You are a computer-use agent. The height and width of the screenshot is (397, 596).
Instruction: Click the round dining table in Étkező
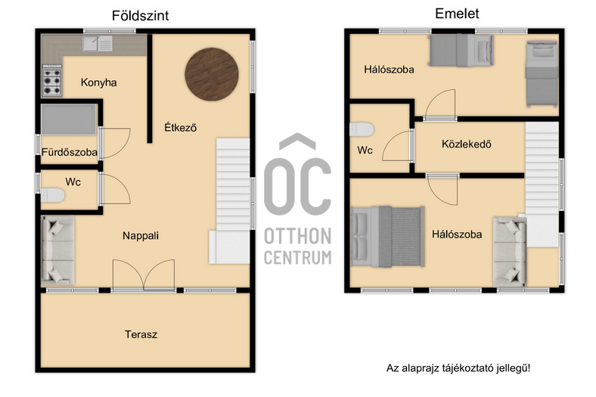tap(212, 74)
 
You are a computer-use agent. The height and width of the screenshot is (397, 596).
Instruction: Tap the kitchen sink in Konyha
tap(98, 43)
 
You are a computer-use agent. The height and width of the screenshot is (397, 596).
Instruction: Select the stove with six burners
tap(52, 81)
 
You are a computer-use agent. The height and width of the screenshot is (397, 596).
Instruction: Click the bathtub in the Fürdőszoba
tap(69, 119)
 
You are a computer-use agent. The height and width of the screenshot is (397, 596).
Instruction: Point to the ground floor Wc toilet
tap(52, 195)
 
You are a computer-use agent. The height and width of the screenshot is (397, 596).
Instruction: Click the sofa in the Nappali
tap(57, 251)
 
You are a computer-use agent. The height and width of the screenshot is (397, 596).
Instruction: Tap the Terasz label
tap(141, 334)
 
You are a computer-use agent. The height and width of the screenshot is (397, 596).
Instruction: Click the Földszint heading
tap(140, 16)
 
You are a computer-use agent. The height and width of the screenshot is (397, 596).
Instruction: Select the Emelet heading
tap(457, 14)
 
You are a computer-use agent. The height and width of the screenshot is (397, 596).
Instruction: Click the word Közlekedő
tap(467, 144)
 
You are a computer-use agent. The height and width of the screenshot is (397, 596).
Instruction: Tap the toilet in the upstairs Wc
tap(362, 129)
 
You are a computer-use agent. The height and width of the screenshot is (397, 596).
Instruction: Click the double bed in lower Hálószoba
tap(388, 236)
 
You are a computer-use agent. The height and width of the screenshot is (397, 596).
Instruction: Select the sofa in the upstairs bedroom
tap(510, 252)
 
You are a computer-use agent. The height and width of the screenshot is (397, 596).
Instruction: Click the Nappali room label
tap(141, 236)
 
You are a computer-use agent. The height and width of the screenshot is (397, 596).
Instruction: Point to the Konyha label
tap(99, 82)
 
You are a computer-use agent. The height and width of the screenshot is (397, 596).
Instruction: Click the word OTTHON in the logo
tap(298, 236)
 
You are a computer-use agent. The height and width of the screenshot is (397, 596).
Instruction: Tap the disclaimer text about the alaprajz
tap(458, 368)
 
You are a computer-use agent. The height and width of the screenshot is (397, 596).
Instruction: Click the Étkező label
tap(181, 127)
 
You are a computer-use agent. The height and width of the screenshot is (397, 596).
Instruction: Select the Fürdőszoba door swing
tap(116, 143)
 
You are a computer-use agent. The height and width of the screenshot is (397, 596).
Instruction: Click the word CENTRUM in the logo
tap(298, 257)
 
